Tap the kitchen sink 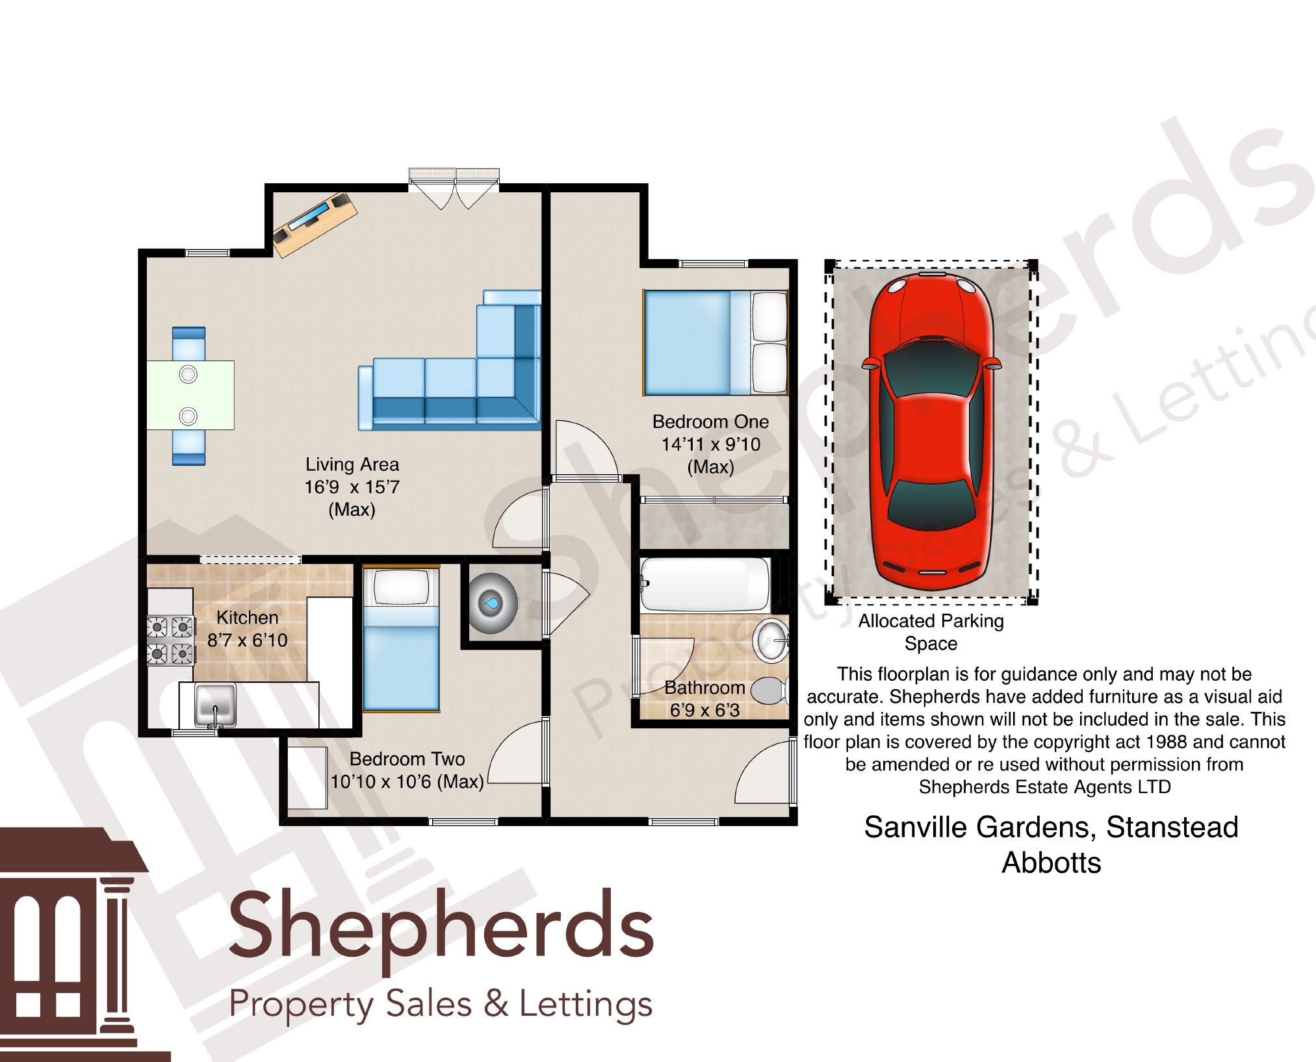click(215, 705)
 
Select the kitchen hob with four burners click(171, 640)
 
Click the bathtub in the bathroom click(706, 585)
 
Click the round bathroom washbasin click(771, 640)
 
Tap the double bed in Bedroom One click(715, 342)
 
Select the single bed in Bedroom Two click(401, 639)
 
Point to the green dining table click(190, 395)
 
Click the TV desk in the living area click(315, 224)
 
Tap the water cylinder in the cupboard click(493, 603)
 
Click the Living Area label click(352, 464)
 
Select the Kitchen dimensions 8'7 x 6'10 click(247, 640)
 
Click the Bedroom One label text click(710, 422)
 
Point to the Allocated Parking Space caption click(931, 632)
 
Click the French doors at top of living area click(454, 188)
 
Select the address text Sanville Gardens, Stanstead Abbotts click(1051, 844)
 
